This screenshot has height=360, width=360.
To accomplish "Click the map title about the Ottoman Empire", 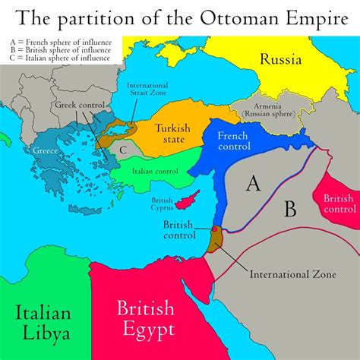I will pyautogui.click(x=180, y=17).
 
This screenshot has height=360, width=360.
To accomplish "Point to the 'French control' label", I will pyautogui.click(x=238, y=139).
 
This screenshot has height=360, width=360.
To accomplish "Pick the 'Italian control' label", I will pyautogui.click(x=155, y=171).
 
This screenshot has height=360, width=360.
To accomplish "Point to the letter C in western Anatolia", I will pyautogui.click(x=123, y=150).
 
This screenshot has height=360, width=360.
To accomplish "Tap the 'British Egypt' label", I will pyautogui.click(x=145, y=318).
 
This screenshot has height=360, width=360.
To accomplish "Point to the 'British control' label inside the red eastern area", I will pyautogui.click(x=339, y=203).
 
